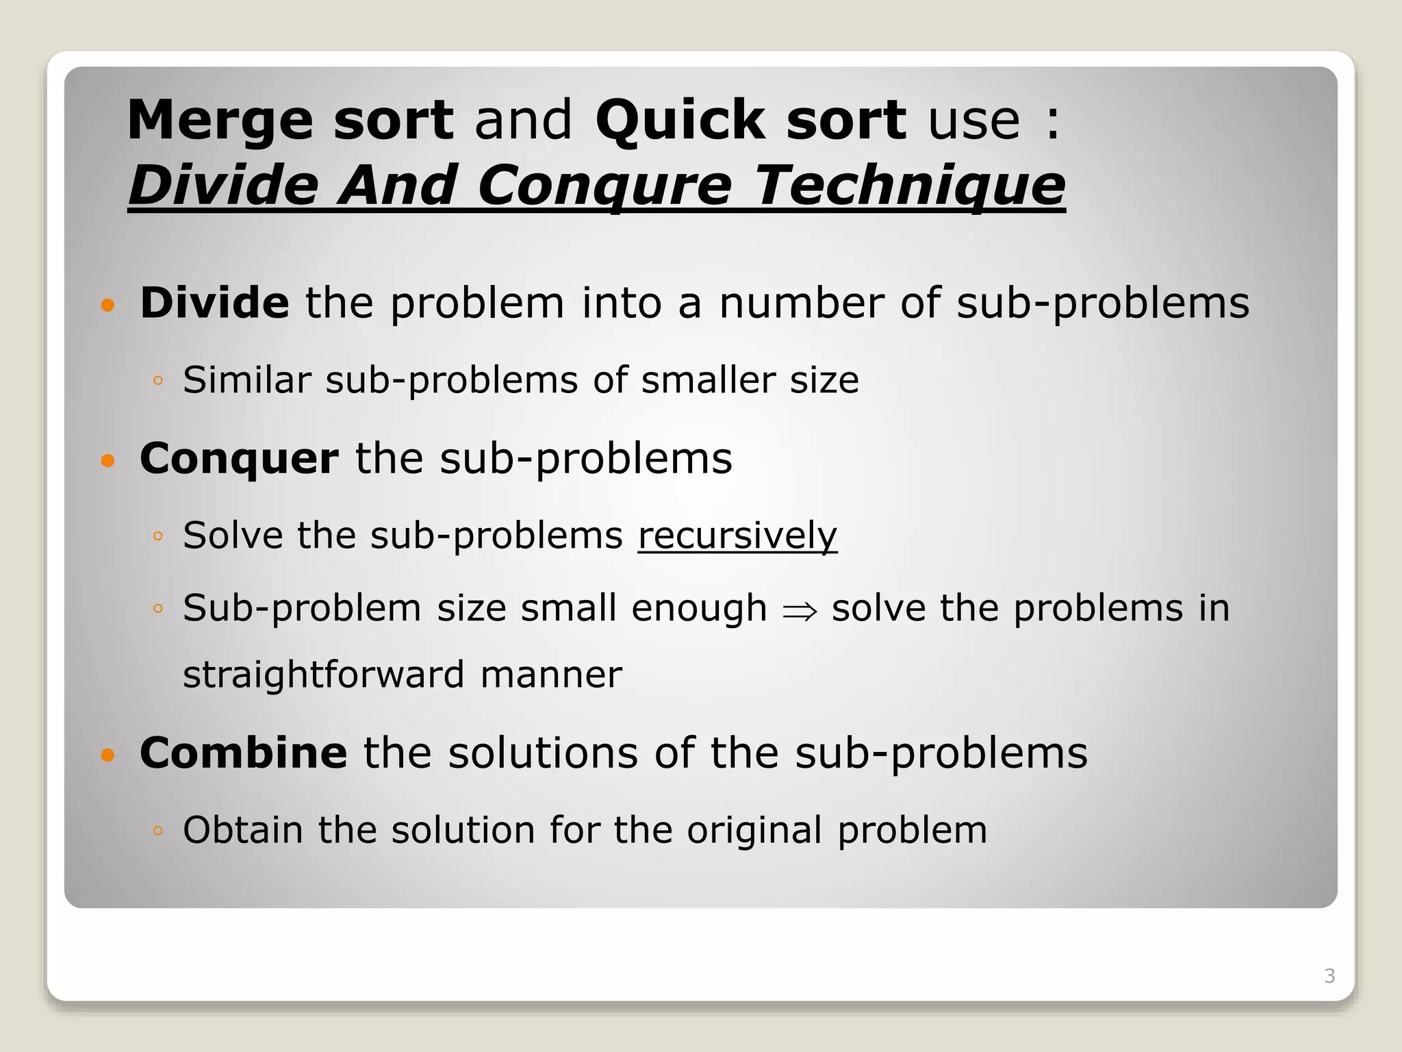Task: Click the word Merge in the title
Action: (220, 121)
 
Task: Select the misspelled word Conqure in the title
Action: (604, 186)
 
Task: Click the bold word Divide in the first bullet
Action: (214, 303)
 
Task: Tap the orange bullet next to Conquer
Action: (107, 460)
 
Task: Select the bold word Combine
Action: (243, 753)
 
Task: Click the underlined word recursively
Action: (737, 535)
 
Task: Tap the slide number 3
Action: (1329, 976)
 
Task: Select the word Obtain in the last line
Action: (242, 830)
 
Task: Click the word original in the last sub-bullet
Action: (754, 830)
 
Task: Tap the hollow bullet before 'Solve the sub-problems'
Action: (158, 536)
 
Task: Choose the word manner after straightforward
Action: (550, 675)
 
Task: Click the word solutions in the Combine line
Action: (543, 753)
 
